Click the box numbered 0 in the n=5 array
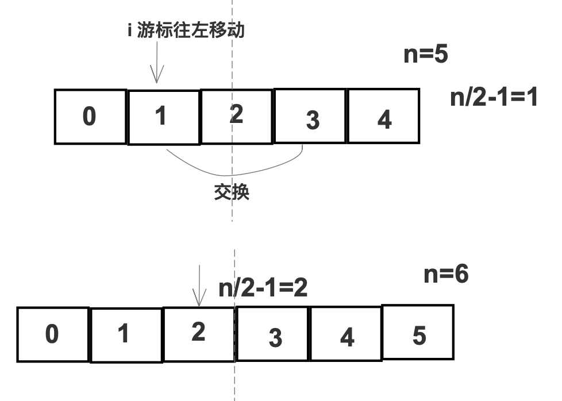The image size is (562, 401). pos(90,117)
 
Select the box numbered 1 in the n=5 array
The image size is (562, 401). pos(163,117)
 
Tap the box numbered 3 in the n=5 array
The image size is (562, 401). pos(310,116)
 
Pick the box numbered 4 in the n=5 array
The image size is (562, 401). pos(383,116)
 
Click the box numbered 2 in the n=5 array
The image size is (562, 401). pos(236,116)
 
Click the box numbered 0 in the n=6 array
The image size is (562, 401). pos(53,335)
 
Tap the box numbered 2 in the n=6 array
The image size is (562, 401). pos(199,334)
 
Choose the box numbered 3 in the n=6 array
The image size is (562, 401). pos(274,334)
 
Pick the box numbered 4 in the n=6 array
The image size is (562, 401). pos(346,334)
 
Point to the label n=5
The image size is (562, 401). pos(425,55)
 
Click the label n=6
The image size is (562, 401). pos(446,275)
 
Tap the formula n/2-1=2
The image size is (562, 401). pos(263,288)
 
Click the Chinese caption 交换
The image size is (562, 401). pos(232,192)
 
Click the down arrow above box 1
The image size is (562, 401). pos(157,65)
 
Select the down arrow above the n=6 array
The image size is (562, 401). pos(199,285)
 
